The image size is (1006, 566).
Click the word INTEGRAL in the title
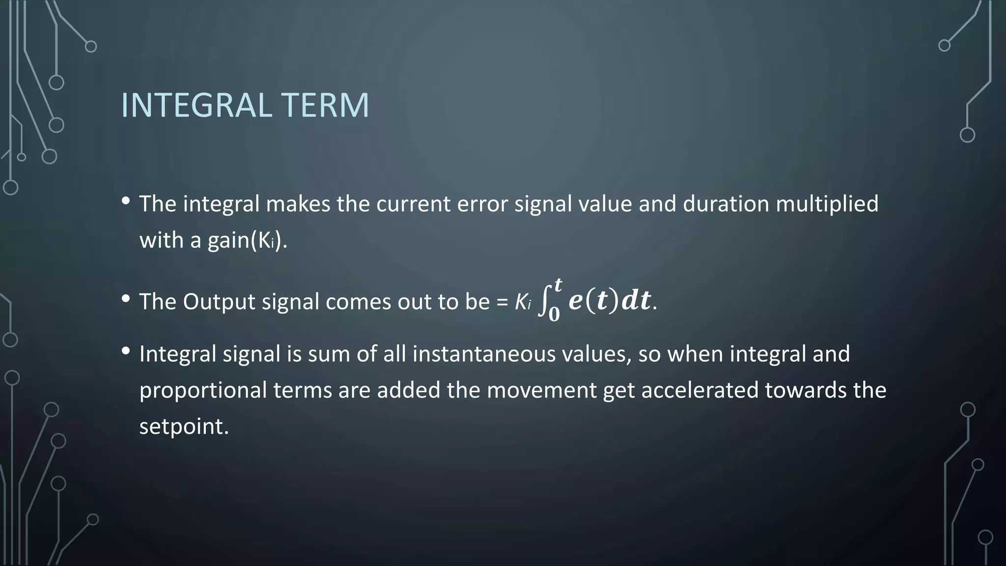[x=196, y=105]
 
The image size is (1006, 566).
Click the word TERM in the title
[x=325, y=105]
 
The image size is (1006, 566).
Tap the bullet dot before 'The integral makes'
[x=126, y=200]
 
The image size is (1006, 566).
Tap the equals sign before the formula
[x=502, y=301]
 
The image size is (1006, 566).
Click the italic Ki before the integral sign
[x=523, y=302]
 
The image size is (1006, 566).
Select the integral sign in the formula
[x=543, y=302]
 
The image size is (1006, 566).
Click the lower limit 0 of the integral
[x=554, y=315]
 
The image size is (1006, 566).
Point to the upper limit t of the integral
[x=558, y=284]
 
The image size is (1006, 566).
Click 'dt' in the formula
[x=636, y=301]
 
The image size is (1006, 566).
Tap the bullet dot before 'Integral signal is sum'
[x=126, y=351]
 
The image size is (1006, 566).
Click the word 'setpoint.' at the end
[x=184, y=426]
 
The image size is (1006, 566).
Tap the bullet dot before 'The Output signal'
[x=126, y=298]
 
